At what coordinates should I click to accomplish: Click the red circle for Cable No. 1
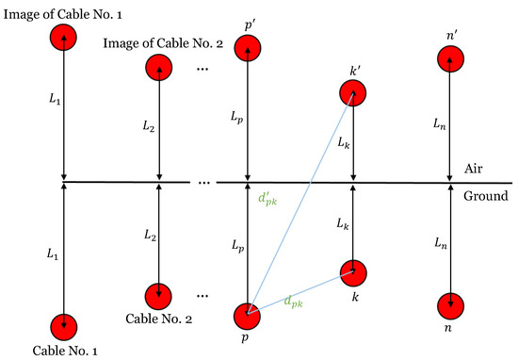(x=64, y=325)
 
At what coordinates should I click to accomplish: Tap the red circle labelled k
(x=353, y=271)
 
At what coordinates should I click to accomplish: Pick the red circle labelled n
(x=451, y=306)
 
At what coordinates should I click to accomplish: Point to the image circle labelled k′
(x=353, y=92)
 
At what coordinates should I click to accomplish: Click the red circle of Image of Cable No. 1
(x=64, y=38)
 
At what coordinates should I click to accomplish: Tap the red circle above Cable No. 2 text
(x=159, y=294)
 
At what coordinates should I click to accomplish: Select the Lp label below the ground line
(x=233, y=244)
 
